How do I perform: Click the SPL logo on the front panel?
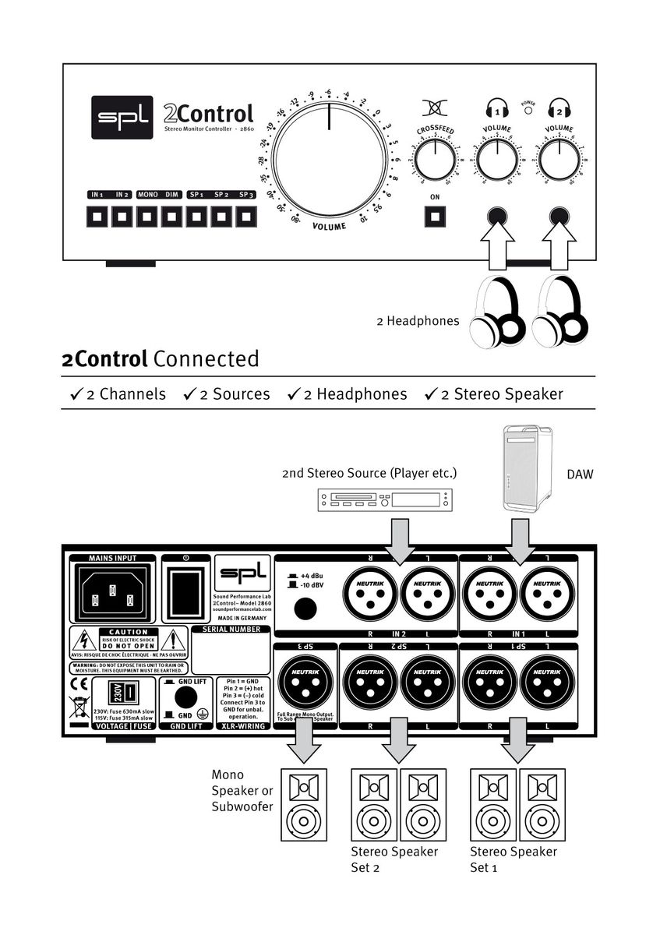[x=122, y=118]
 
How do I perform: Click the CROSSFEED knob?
[x=435, y=161]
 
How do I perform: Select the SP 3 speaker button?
[x=246, y=217]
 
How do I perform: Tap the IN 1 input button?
[x=97, y=217]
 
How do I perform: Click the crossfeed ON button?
[x=435, y=216]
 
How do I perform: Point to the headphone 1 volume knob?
[x=496, y=161]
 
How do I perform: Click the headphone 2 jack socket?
[x=558, y=216]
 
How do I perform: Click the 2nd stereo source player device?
[x=384, y=499]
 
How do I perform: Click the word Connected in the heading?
[x=206, y=359]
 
